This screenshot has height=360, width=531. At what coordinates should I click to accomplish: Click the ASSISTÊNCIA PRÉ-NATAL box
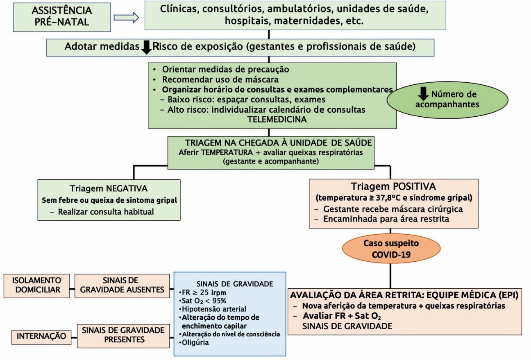[x=61, y=17]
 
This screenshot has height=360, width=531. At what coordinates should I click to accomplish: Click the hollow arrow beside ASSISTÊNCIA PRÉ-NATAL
[x=126, y=18]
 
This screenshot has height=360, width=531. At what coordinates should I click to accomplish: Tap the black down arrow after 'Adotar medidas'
[x=146, y=47]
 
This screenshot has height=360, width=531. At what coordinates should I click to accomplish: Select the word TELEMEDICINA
[x=277, y=119]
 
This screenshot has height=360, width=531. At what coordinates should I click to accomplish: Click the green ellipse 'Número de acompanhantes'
[x=447, y=100]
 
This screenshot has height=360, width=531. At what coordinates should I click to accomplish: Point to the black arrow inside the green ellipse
[x=423, y=94]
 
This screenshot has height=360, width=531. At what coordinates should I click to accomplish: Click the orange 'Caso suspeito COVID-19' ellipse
[x=391, y=249]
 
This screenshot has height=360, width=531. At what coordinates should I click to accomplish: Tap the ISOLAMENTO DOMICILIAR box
[x=36, y=286]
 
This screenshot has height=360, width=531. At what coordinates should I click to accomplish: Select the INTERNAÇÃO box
[x=41, y=337]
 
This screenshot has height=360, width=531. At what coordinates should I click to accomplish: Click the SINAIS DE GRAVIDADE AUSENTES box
[x=122, y=286]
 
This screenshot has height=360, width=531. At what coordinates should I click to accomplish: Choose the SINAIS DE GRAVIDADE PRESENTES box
[x=123, y=336]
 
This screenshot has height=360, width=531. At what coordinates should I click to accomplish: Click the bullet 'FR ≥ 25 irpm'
[x=202, y=293]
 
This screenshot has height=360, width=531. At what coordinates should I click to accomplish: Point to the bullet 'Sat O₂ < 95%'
[x=202, y=301]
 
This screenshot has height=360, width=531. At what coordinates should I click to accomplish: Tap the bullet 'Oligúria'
[x=194, y=342]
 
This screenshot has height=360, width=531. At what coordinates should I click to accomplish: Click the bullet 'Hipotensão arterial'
[x=213, y=309]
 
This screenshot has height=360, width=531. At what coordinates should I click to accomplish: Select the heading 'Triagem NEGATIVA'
[x=109, y=188]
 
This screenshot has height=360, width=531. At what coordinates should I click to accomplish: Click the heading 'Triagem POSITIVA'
[x=393, y=186]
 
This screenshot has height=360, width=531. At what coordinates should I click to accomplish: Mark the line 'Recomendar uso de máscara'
[x=220, y=79]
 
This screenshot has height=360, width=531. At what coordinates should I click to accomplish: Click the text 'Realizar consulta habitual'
[x=106, y=212]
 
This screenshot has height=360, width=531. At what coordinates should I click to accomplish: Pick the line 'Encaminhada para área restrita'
[x=386, y=219]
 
